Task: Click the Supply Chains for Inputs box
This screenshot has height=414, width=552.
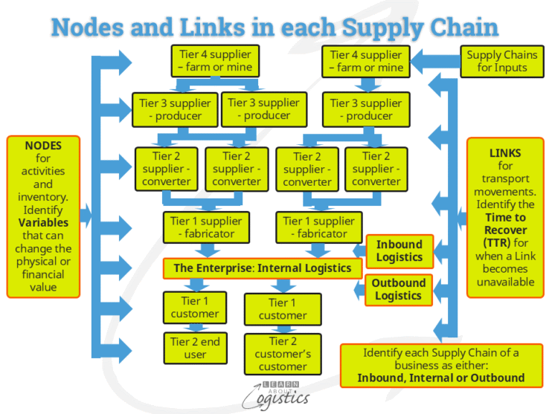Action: (496, 61)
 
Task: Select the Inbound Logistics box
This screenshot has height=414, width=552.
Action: (399, 251)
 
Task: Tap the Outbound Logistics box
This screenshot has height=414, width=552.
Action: (399, 289)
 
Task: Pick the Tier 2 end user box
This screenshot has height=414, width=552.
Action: (196, 348)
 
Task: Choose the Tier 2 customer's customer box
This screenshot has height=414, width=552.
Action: (283, 354)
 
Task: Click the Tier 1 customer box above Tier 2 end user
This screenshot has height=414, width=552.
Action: (196, 308)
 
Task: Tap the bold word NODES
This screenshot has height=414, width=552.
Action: (43, 146)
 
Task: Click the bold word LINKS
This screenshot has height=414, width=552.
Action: (505, 153)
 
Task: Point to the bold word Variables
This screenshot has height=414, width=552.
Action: (43, 222)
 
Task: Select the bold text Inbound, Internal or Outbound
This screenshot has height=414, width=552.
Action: (440, 378)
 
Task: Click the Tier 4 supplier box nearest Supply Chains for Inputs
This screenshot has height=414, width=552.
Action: (367, 61)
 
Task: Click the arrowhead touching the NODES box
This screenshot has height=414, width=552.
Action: (86, 216)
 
